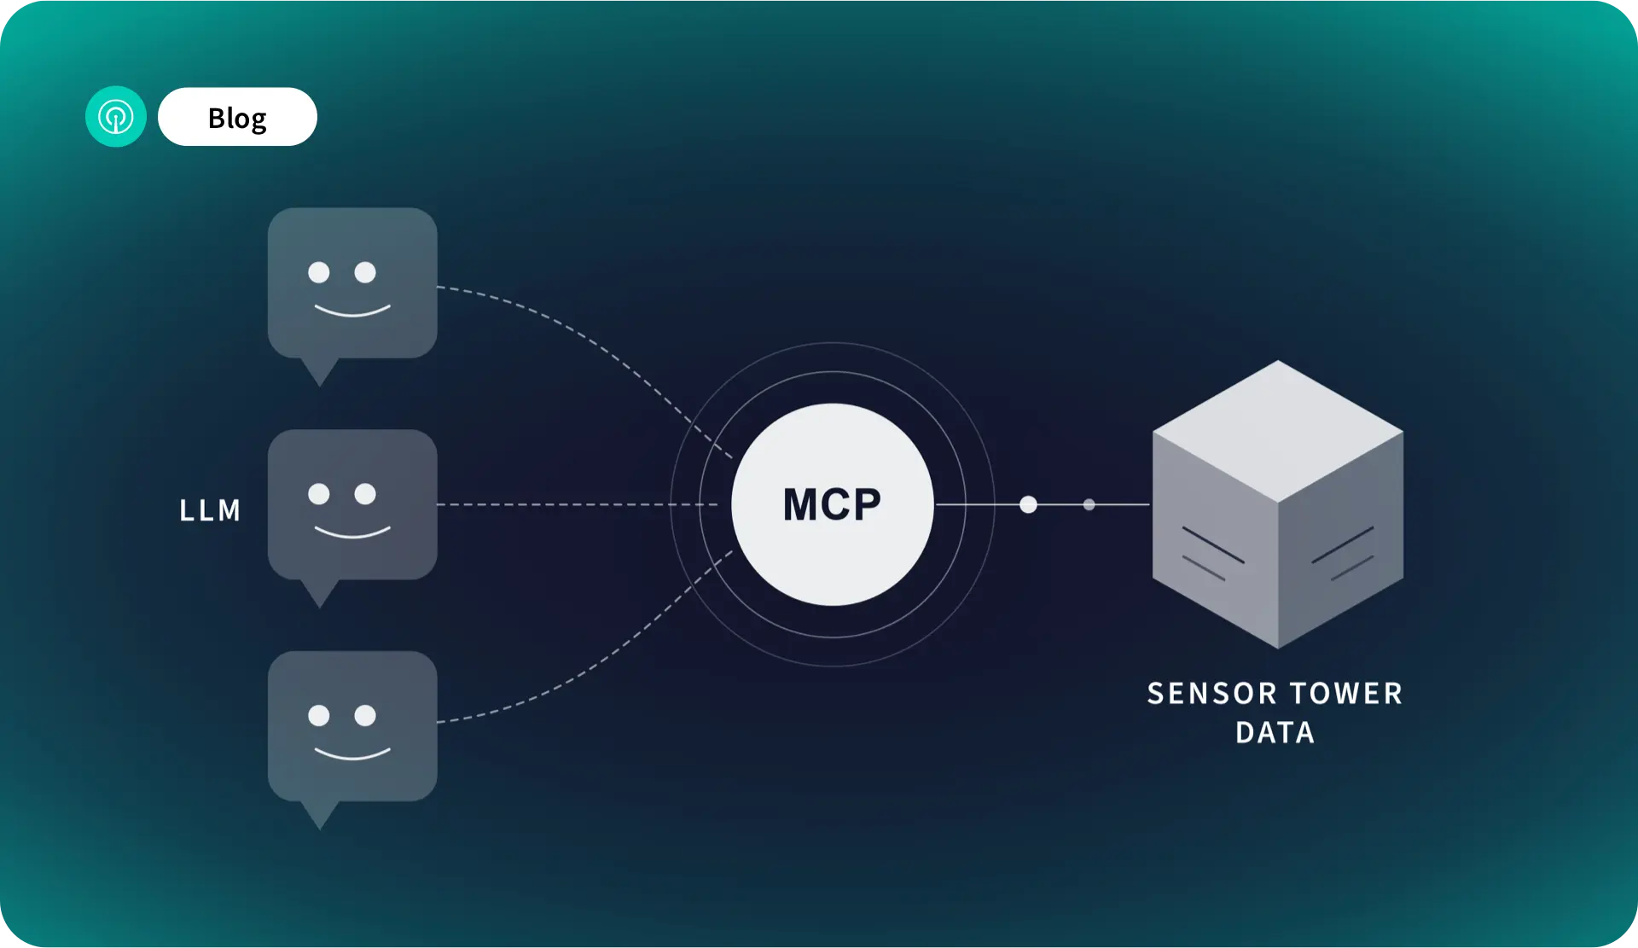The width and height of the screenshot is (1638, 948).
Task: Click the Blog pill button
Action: (x=237, y=117)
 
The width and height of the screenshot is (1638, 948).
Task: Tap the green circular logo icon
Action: (x=116, y=116)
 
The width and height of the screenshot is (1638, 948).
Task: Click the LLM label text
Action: (x=210, y=510)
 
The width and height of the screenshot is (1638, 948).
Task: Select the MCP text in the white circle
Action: (x=832, y=504)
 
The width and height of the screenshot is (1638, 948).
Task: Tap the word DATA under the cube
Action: (x=1275, y=732)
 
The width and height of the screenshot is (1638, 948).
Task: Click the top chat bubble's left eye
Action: (x=319, y=272)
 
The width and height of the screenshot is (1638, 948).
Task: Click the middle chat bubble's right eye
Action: (x=365, y=494)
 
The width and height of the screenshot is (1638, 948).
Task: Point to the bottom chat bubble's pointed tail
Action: (x=320, y=815)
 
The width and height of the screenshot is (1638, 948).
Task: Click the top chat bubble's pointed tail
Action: (x=320, y=372)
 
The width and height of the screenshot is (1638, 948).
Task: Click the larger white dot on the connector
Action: (x=1029, y=504)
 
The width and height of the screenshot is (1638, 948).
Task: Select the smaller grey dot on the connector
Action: (x=1089, y=504)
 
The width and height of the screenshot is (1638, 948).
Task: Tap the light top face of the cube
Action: (x=1278, y=431)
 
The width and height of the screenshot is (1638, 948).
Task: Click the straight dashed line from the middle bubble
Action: (x=578, y=504)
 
